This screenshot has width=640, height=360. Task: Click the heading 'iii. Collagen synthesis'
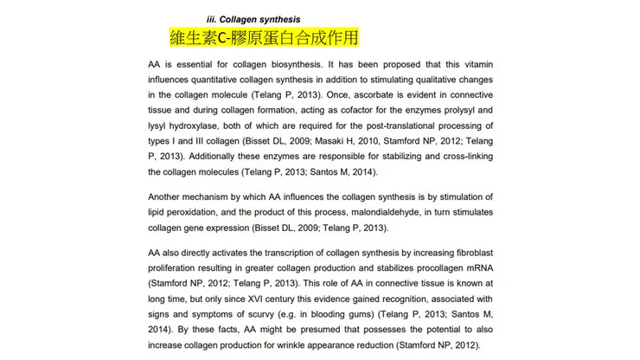253,19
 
